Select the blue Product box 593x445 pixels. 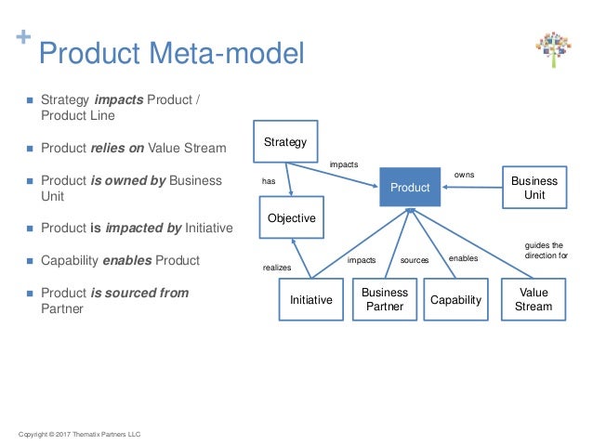click(x=409, y=188)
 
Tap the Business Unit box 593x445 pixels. click(x=534, y=188)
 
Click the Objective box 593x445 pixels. click(x=291, y=218)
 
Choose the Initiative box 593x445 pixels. click(x=311, y=300)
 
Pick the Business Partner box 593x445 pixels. click(x=385, y=300)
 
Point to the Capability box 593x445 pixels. click(x=455, y=300)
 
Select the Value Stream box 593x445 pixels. click(x=534, y=299)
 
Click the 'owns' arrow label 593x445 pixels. click(x=464, y=175)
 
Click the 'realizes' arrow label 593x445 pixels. click(x=277, y=267)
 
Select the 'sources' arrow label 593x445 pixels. click(x=414, y=261)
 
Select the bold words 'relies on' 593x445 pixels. click(x=116, y=147)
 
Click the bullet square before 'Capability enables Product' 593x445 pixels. click(x=29, y=261)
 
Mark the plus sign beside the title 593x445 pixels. click(x=22, y=38)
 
